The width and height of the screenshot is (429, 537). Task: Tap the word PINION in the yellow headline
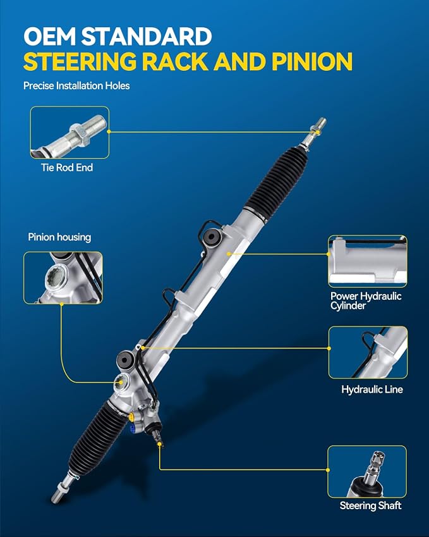coord(312,61)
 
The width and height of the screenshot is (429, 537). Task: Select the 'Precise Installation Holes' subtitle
coord(76,85)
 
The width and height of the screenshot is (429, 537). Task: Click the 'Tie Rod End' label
coord(67,168)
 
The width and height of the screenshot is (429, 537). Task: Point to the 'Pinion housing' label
coord(59,237)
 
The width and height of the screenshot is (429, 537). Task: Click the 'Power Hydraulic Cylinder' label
coord(366,300)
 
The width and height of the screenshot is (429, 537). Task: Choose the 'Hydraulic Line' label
coord(372,390)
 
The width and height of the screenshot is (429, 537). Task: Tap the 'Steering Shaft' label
coord(370,505)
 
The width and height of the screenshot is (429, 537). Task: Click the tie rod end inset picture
coord(69,133)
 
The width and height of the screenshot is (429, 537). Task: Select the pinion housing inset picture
coord(63,278)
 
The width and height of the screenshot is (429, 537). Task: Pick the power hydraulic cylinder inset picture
coord(368,261)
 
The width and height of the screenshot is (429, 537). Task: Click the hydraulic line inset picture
coord(368,352)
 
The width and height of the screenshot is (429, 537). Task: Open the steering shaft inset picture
coord(367,472)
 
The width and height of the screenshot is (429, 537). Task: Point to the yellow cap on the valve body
coord(131,417)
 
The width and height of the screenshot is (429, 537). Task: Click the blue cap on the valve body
coord(133,429)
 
